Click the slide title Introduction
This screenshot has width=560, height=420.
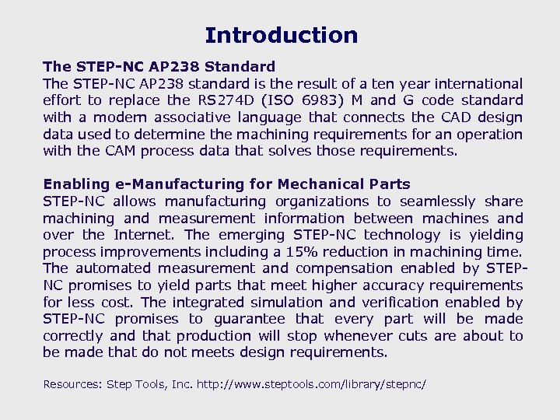click(x=281, y=36)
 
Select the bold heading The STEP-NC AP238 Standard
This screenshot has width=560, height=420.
click(x=159, y=67)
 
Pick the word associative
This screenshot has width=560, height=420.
click(x=192, y=117)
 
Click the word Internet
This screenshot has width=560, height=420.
click(x=145, y=235)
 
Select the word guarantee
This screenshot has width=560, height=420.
click(x=254, y=319)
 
